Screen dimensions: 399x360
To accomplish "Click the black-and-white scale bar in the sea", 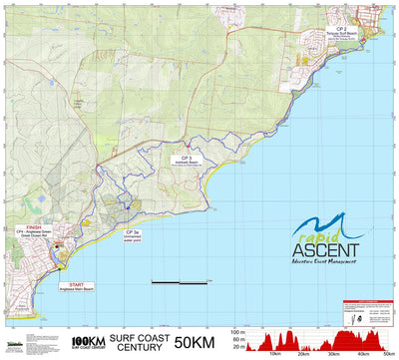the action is [179, 283].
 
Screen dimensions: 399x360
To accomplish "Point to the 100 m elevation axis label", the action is [235, 331].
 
